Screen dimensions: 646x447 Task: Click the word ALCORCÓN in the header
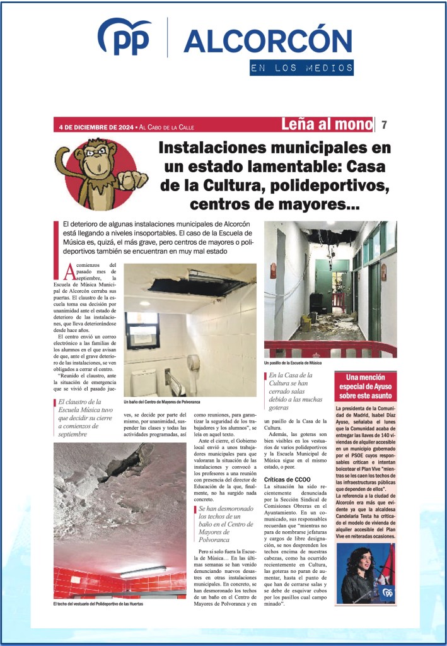pyautogui.click(x=267, y=41)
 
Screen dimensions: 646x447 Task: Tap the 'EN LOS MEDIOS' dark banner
pyautogui.click(x=301, y=68)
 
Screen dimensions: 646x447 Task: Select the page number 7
pyautogui.click(x=384, y=124)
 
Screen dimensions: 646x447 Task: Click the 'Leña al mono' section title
pyautogui.click(x=327, y=124)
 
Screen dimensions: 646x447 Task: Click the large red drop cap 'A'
pyautogui.click(x=70, y=271)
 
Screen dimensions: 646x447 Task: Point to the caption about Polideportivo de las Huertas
pyautogui.click(x=98, y=604)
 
